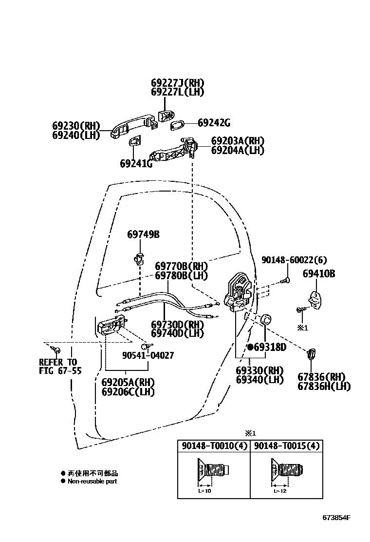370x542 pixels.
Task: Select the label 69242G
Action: coord(214,123)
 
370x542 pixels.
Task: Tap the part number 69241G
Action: coord(136,164)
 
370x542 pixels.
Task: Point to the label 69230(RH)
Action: coord(75,126)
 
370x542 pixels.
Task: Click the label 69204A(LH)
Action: coord(238,151)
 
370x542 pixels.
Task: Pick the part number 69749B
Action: coord(143,234)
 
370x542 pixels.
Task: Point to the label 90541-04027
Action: coord(148,356)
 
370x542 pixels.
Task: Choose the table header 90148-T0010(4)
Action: coord(214,446)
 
